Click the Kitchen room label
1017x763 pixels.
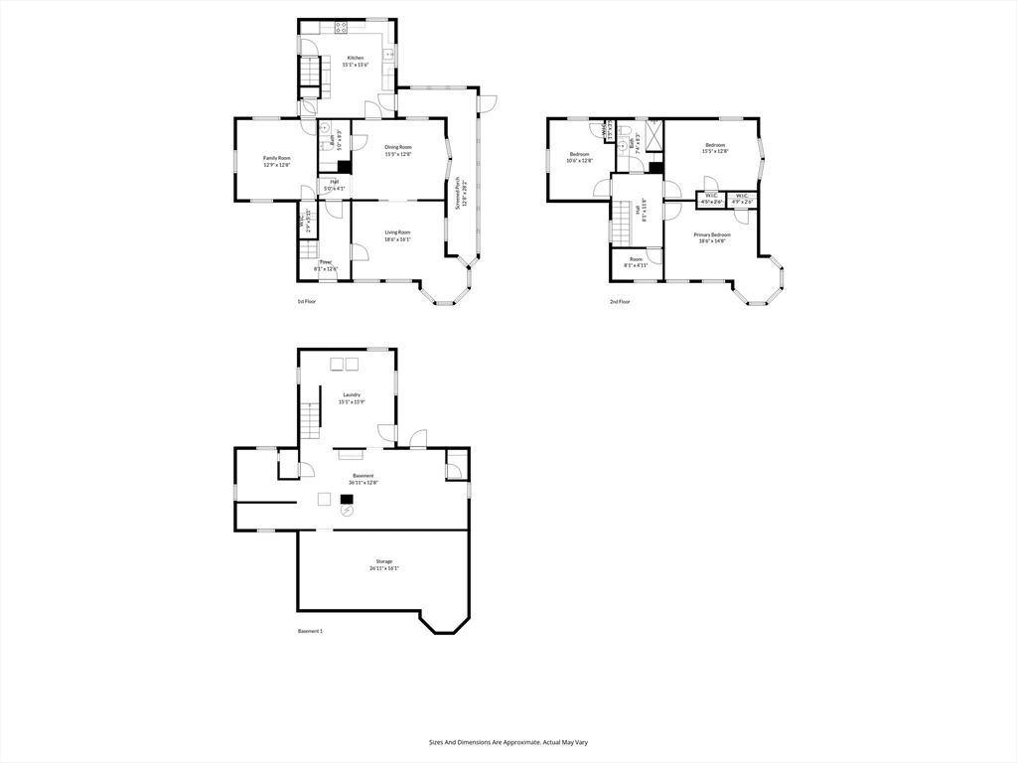click(355, 58)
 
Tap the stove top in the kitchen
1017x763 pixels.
click(341, 27)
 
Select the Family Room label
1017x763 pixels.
click(276, 158)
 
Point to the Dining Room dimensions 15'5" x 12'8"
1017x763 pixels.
click(398, 154)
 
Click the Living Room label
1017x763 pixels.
click(398, 232)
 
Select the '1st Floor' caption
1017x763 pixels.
click(306, 301)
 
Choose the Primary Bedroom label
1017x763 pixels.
click(713, 234)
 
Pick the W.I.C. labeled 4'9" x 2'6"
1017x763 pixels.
click(743, 199)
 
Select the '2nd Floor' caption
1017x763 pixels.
click(620, 301)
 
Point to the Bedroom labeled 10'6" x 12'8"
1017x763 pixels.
click(579, 157)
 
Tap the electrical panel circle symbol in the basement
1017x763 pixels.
click(347, 510)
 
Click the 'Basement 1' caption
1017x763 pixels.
click(310, 631)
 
